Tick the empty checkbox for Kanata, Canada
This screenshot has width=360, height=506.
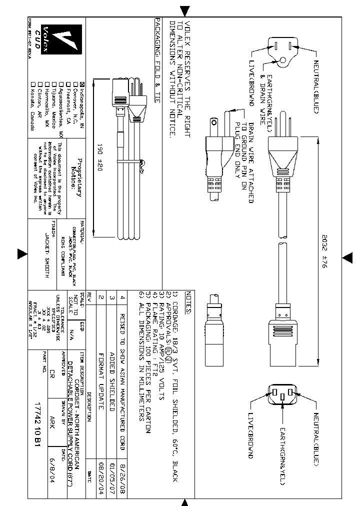click(33, 83)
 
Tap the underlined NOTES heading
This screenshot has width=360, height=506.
click(187, 302)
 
